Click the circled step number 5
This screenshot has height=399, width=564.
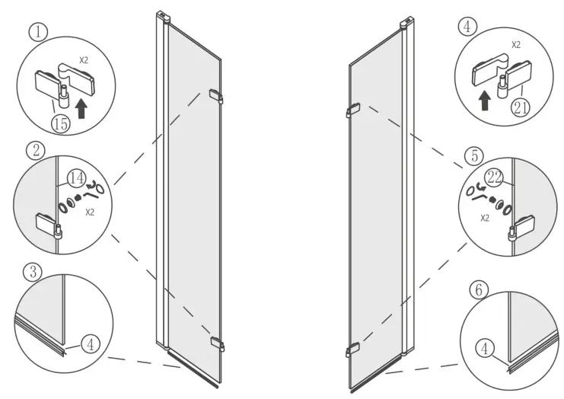[x=476, y=156]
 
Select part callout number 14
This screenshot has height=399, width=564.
[x=75, y=180]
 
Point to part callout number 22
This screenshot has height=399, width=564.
[x=495, y=177]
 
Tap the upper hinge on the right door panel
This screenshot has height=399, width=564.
[x=352, y=110]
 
